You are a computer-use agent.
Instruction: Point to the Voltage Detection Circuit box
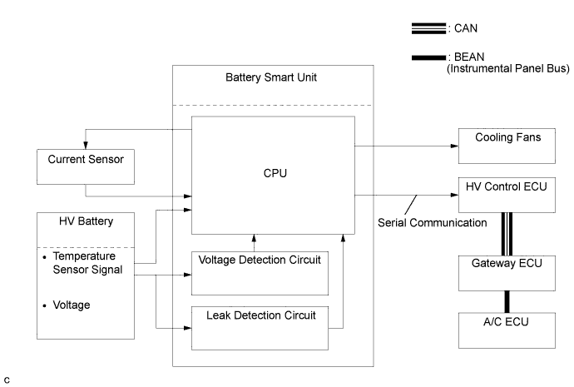tap(260, 273)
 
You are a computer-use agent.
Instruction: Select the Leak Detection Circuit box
tap(260, 328)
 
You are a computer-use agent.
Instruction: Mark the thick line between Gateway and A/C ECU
tap(505, 300)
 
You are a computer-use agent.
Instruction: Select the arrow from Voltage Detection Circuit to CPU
tap(255, 243)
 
